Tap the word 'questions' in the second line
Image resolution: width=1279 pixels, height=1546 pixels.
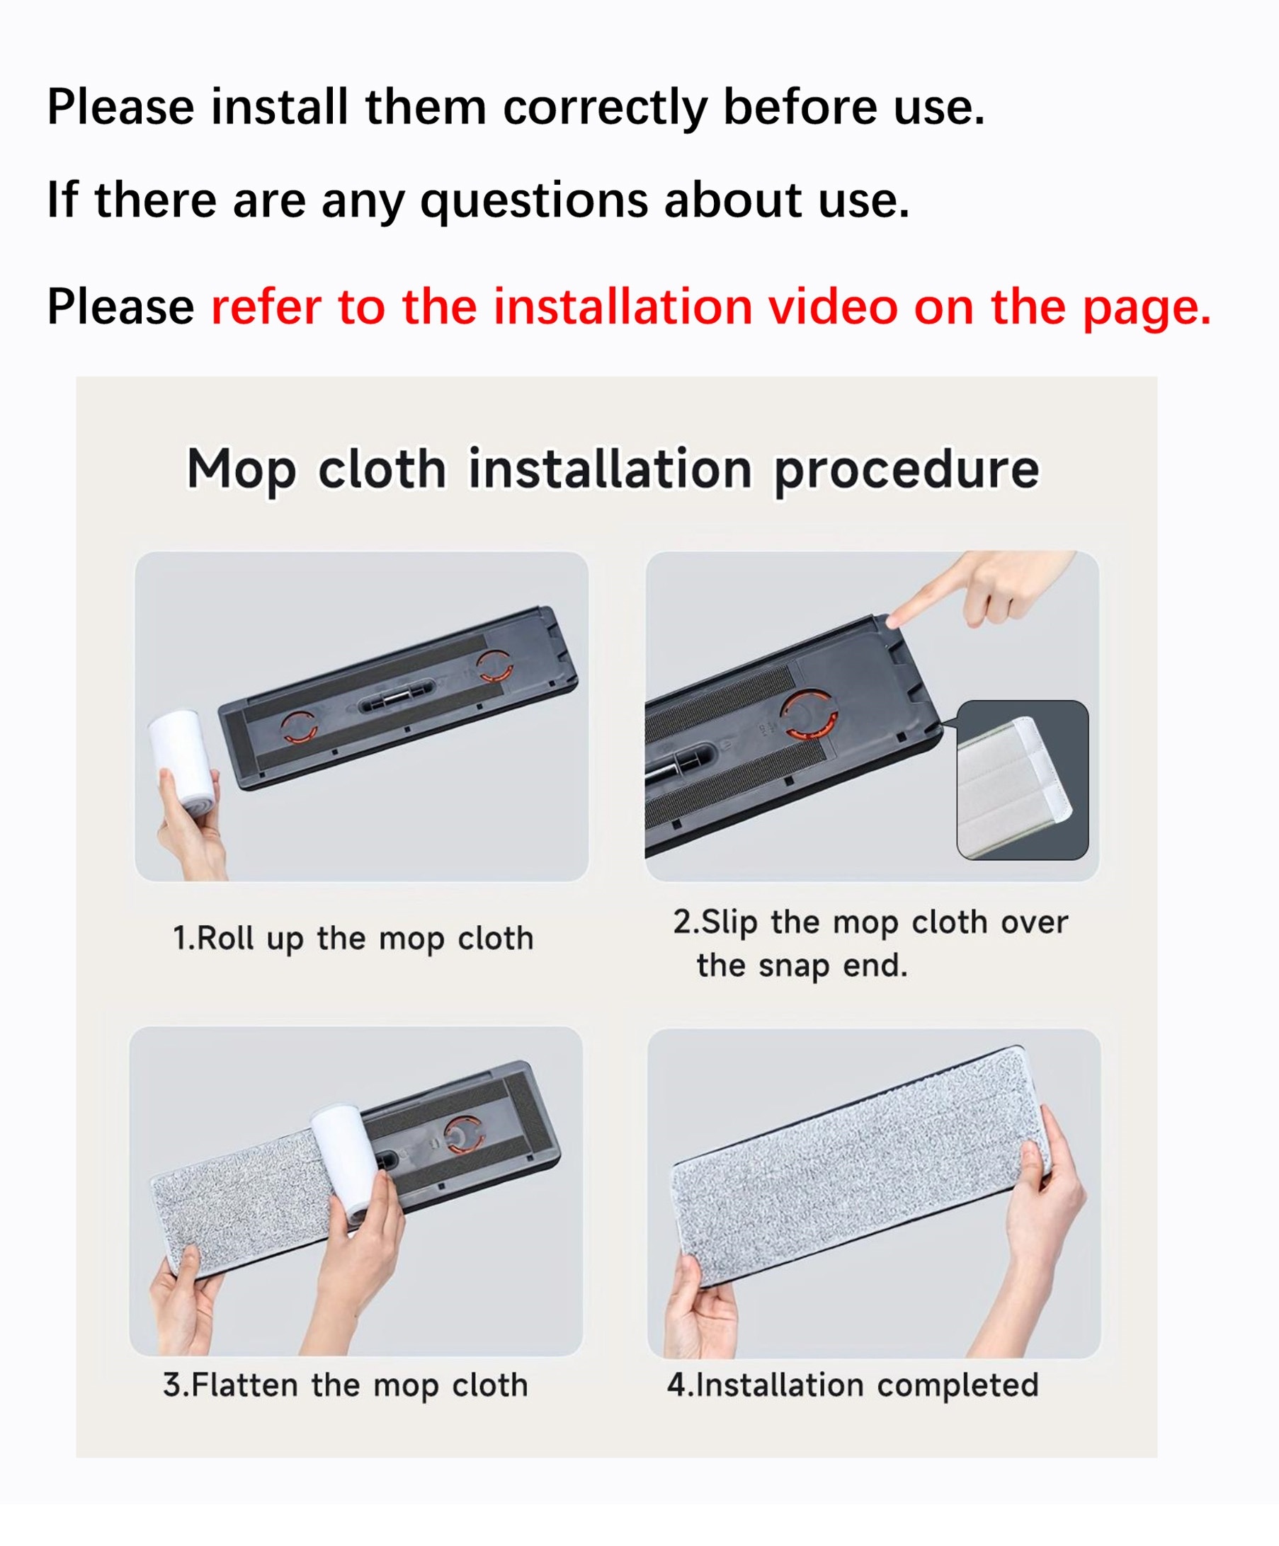[x=534, y=201]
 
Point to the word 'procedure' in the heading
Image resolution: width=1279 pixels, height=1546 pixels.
[x=906, y=471]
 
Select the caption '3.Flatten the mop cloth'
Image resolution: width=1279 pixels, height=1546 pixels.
[x=346, y=1385]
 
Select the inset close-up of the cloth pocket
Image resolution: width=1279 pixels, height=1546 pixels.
[x=1022, y=779]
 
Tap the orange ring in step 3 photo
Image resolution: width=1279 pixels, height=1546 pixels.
[x=462, y=1135]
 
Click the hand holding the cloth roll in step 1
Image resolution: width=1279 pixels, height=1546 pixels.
[x=190, y=825]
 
